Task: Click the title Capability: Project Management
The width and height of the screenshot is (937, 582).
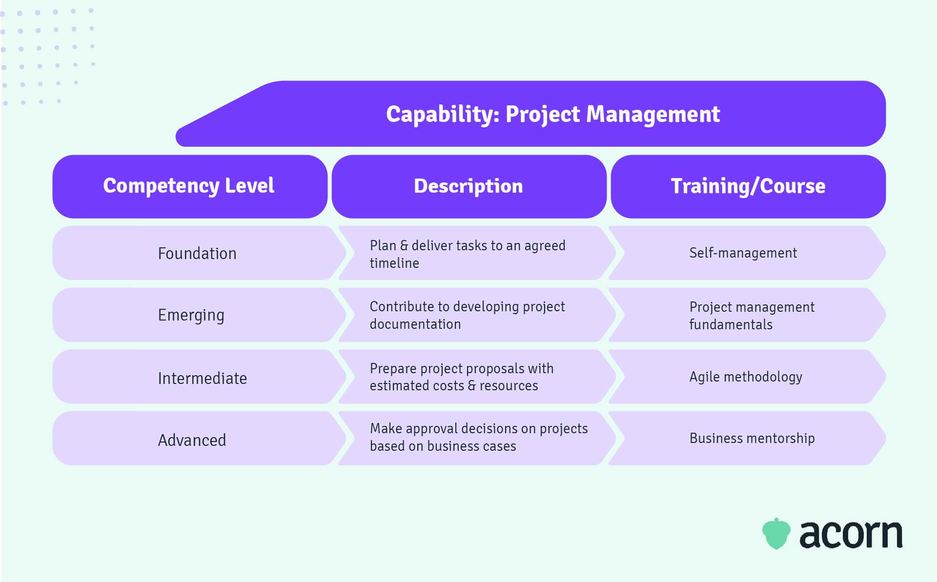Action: [x=552, y=114]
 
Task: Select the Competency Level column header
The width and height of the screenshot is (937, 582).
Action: [x=189, y=186]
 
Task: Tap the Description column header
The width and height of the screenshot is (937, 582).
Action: [x=468, y=186]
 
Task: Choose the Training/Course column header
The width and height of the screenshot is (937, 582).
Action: [x=748, y=186]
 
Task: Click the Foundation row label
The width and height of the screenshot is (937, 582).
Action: [x=197, y=253]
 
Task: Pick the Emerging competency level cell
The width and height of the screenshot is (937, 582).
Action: [x=191, y=315]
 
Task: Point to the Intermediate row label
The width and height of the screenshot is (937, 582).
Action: [x=202, y=378]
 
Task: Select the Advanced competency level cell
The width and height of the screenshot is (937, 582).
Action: [x=192, y=440]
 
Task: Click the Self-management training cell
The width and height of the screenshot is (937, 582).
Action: [x=743, y=253]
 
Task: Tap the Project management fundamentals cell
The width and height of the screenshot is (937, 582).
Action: [x=752, y=315]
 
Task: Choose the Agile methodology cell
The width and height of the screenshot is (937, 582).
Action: [x=746, y=377]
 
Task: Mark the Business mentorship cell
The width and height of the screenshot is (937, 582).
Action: [x=752, y=438]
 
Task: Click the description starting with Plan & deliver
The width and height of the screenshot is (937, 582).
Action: [x=467, y=254]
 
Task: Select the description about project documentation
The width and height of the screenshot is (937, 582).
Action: [x=467, y=315]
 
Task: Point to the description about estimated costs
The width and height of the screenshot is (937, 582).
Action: [x=461, y=377]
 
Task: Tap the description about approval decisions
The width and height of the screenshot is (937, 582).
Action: [x=478, y=437]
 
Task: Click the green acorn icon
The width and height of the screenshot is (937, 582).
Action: [x=776, y=534]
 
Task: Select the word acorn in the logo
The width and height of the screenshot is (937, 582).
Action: [x=851, y=535]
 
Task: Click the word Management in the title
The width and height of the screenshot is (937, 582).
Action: [x=652, y=114]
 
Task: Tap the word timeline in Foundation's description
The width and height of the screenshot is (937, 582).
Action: [x=394, y=263]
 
